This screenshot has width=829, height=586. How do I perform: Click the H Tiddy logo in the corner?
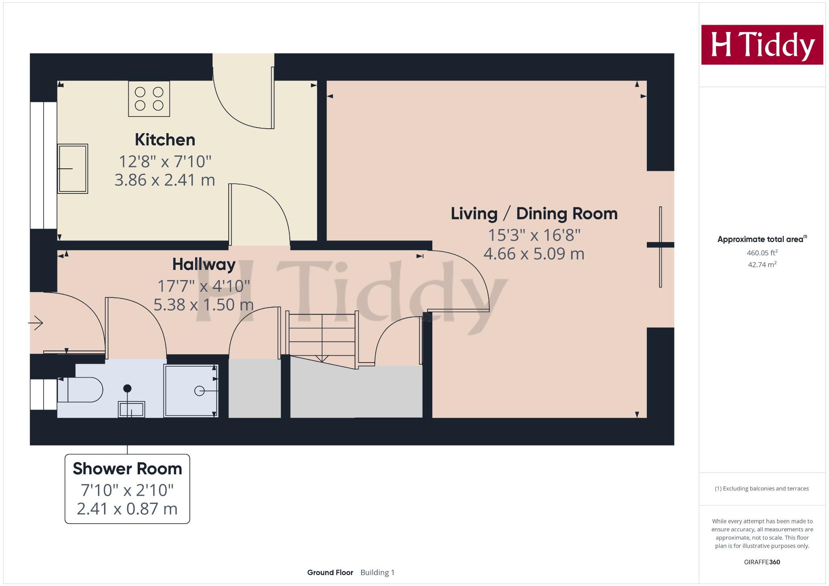pos(762,45)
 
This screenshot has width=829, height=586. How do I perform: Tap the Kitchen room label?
pos(165,140)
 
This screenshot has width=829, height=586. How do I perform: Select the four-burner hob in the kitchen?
pos(149,99)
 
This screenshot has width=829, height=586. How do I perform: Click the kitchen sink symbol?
pos(72,168)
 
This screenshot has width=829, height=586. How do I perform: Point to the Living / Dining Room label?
pos(534,214)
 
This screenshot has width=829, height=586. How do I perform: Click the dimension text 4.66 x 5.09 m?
pos(534,254)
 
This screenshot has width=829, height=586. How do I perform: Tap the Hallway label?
pos(204,264)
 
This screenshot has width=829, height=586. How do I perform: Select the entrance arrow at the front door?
pos(36,323)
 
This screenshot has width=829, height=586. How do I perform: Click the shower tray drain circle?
pos(199,391)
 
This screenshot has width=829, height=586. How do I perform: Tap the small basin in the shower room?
pos(131,409)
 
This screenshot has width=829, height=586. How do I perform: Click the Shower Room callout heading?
pos(127,469)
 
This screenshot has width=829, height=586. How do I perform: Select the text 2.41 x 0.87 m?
pos(127,509)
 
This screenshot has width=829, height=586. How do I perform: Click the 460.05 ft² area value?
pos(762,253)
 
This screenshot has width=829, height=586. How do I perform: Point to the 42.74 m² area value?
pos(762,265)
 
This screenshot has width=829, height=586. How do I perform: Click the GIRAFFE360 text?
pos(762,562)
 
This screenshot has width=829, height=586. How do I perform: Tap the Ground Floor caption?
pos(330,572)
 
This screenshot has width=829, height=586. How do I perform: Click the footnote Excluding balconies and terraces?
pos(762,488)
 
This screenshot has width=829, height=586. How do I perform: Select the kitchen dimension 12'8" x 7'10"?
pos(165,161)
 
